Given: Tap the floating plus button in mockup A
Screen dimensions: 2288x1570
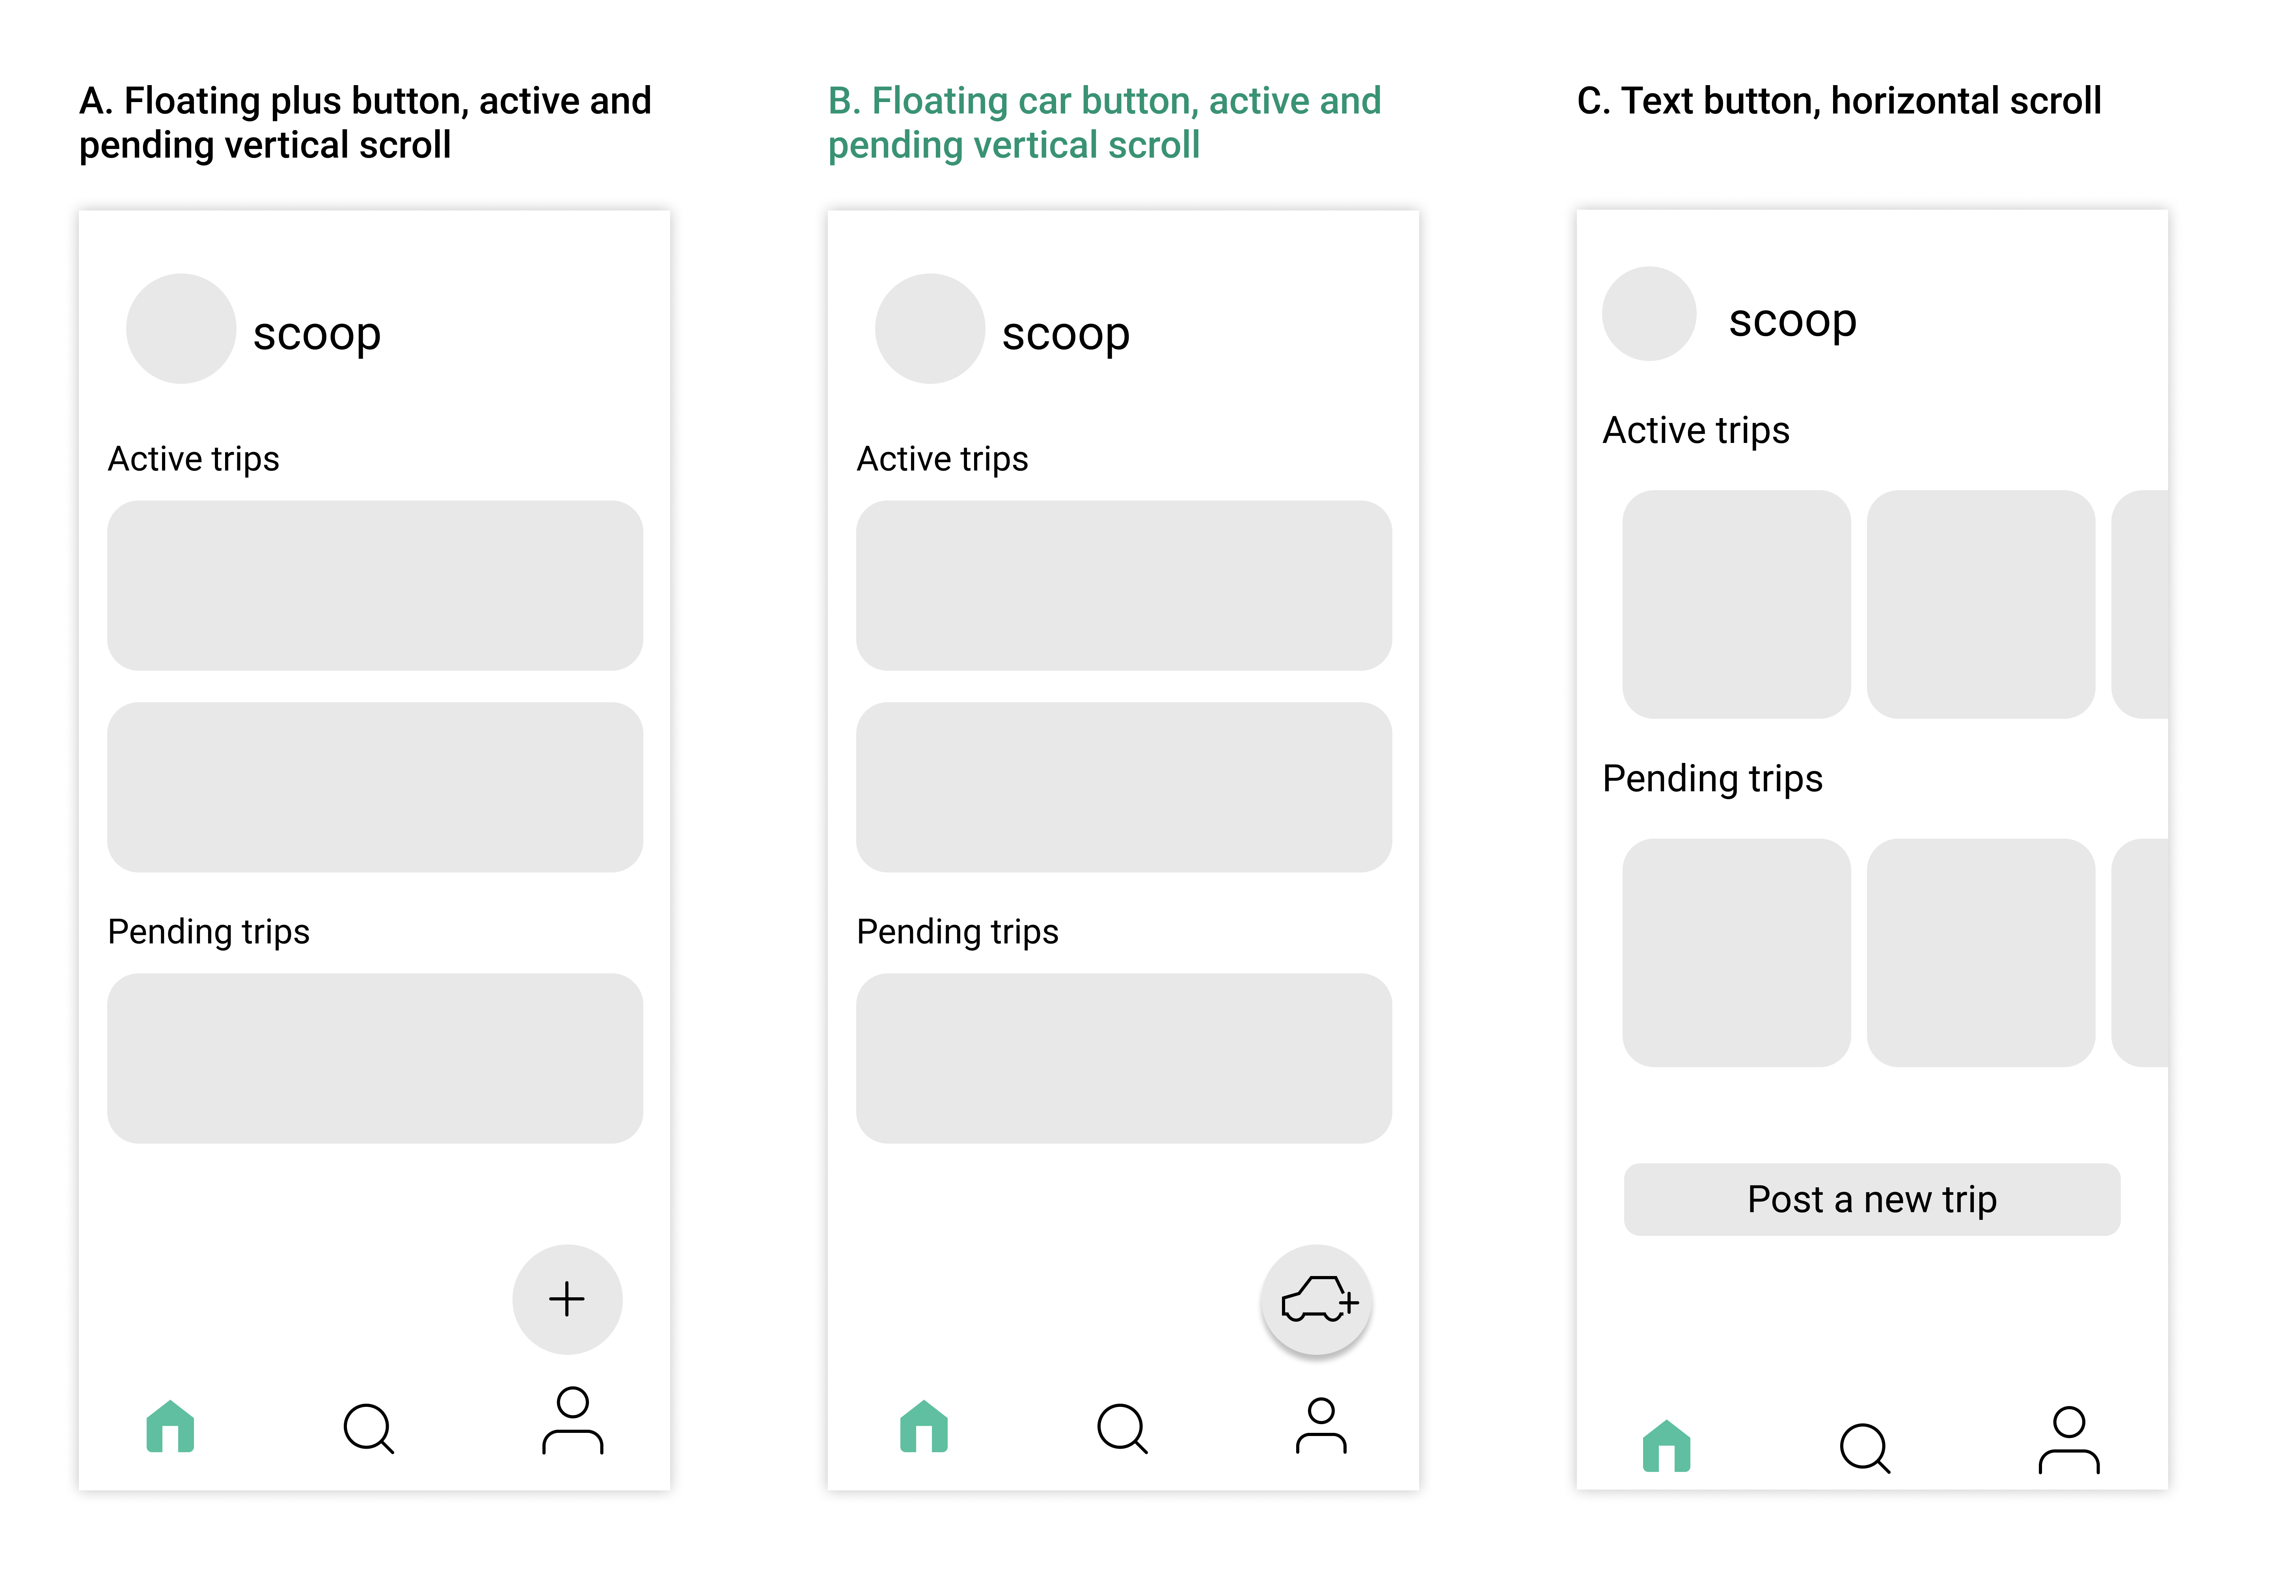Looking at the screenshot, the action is [567, 1299].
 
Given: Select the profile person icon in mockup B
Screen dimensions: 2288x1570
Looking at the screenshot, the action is [1321, 1425].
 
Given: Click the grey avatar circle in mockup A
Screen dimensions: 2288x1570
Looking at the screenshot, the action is [181, 329].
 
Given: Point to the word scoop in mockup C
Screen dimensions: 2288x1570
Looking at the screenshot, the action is [1793, 321].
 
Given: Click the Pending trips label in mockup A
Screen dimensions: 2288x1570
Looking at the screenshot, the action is [209, 931].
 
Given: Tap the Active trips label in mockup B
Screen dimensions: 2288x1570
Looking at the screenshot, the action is [942, 459].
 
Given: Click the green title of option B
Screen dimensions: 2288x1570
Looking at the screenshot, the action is [1105, 123].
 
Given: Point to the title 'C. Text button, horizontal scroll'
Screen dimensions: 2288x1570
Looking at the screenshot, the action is [1839, 100].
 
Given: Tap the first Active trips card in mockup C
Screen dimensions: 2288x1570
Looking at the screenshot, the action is [1736, 605].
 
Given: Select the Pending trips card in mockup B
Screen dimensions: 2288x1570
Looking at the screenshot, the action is [1124, 1058].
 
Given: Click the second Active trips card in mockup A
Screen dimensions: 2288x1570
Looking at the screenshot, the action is [375, 787].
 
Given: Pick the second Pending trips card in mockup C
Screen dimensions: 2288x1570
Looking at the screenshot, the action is [1981, 953].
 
